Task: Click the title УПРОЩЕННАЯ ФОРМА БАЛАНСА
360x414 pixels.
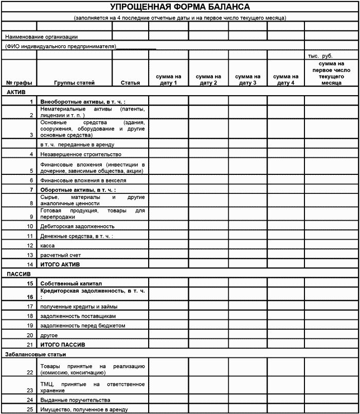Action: pyautogui.click(x=180, y=7)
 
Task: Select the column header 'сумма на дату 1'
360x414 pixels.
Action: pyautogui.click(x=169, y=80)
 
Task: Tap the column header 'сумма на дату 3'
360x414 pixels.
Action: pyautogui.click(x=248, y=80)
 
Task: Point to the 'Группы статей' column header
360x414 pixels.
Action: pyautogui.click(x=75, y=83)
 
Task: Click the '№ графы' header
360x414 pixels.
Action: pyautogui.click(x=19, y=83)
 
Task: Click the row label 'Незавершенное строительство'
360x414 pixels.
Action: pyautogui.click(x=81, y=154)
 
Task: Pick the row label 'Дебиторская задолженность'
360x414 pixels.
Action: pyautogui.click(x=77, y=226)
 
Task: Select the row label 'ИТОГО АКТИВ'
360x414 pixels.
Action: pyautogui.click(x=60, y=264)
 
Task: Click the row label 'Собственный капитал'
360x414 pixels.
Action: pyautogui.click(x=71, y=283)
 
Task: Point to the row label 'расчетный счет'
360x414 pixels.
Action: pyautogui.click(x=58, y=255)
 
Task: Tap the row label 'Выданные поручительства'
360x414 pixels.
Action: pyautogui.click(x=75, y=400)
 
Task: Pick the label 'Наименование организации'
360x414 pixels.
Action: pyautogui.click(x=41, y=37)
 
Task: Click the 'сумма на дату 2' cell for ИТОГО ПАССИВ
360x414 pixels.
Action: pyautogui.click(x=208, y=345)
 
